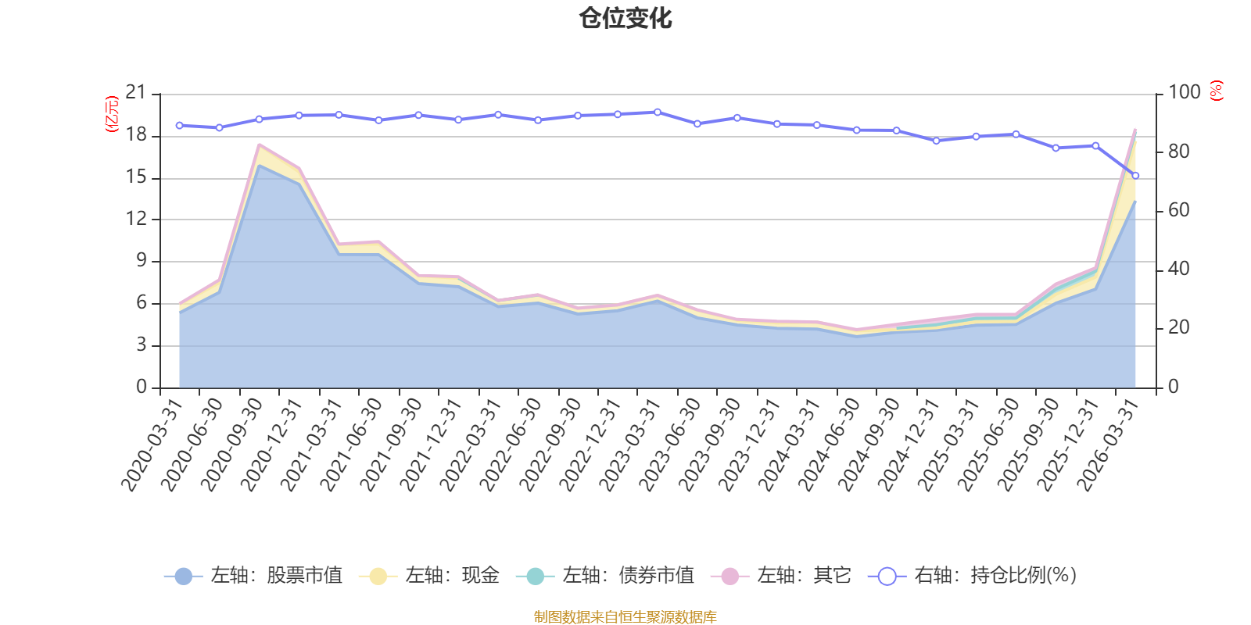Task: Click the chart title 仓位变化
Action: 625,19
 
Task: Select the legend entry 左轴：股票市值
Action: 253,575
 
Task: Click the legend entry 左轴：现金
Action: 429,575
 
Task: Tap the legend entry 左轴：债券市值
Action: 605,575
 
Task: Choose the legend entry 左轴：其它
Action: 781,575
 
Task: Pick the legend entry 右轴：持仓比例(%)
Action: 973,575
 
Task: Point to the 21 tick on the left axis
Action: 135,92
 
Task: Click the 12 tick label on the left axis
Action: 135,218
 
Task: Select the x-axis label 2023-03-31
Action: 630,445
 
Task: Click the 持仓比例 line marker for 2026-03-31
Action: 1135,176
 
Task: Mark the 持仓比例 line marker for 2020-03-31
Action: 179,126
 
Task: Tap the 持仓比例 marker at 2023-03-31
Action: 658,112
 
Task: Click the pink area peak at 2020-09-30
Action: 259,145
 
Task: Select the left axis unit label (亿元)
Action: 113,114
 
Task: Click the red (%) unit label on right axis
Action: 1217,91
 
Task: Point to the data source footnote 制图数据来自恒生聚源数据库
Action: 625,616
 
